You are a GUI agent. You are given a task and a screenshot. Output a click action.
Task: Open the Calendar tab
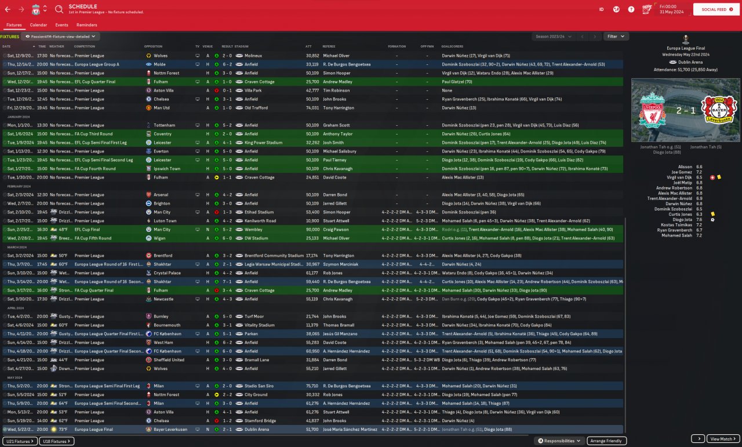38,25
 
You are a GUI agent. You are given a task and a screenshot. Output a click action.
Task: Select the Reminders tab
86,25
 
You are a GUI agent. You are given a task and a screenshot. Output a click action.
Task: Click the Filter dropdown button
616,37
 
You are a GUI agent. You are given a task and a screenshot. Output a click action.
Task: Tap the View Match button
723,439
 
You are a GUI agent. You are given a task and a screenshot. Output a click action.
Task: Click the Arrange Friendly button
607,441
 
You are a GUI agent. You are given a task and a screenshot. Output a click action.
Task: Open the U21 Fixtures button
19,441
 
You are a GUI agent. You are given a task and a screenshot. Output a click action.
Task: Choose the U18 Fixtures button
57,441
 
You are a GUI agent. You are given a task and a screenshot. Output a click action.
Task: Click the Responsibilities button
559,441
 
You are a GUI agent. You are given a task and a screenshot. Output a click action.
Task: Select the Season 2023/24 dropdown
553,37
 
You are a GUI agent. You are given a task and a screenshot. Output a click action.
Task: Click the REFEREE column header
329,46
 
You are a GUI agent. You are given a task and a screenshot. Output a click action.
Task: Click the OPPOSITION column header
153,46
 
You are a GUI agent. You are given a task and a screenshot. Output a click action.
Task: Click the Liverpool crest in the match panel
652,110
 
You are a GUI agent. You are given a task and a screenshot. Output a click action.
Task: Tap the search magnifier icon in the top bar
59,9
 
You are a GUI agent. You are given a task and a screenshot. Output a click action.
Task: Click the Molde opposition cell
159,64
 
